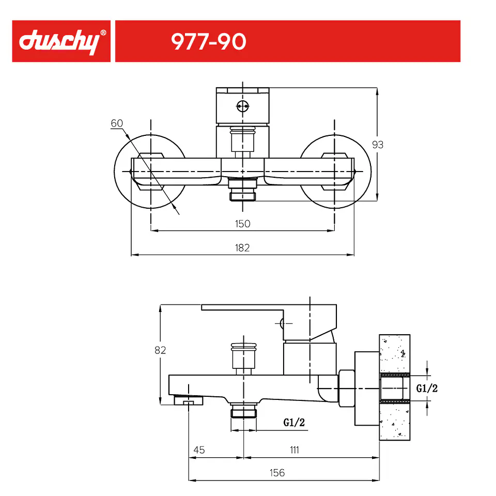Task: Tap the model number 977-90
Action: (x=208, y=41)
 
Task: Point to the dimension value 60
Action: (x=117, y=123)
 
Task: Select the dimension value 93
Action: (x=378, y=145)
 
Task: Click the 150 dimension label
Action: (x=243, y=224)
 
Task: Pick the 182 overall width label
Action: (x=242, y=247)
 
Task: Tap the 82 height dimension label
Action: (x=160, y=350)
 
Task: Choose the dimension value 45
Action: (x=199, y=450)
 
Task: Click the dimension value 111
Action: (x=295, y=450)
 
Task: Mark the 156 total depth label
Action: (x=277, y=473)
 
